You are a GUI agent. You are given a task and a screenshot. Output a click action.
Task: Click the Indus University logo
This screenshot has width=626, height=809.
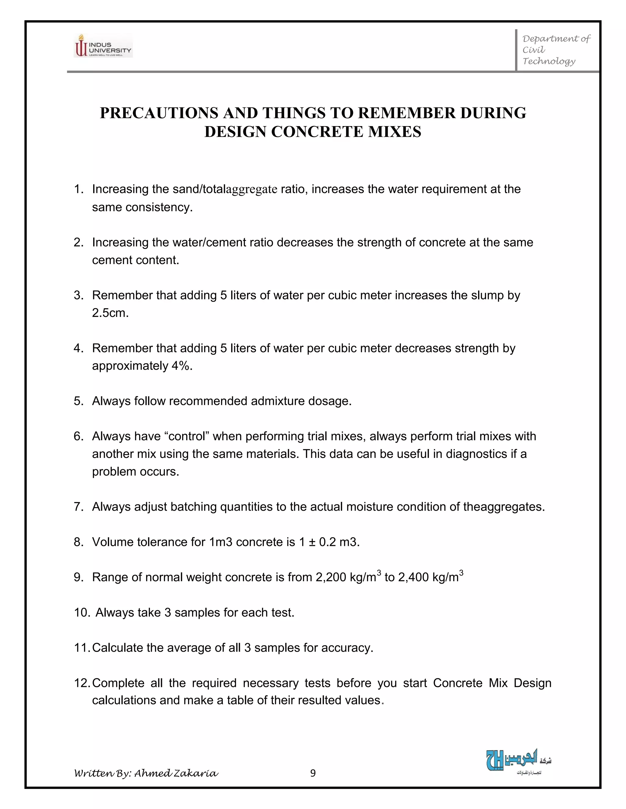[103, 45]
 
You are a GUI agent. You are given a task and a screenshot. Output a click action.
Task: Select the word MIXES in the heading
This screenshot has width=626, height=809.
[394, 132]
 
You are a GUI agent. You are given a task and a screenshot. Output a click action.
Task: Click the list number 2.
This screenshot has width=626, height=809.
[78, 242]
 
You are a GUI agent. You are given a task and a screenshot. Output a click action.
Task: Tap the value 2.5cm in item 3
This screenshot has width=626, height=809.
[110, 313]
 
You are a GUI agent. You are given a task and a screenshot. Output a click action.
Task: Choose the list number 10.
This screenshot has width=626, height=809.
[82, 613]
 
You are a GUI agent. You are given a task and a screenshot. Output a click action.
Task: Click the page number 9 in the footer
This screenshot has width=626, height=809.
[313, 773]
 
